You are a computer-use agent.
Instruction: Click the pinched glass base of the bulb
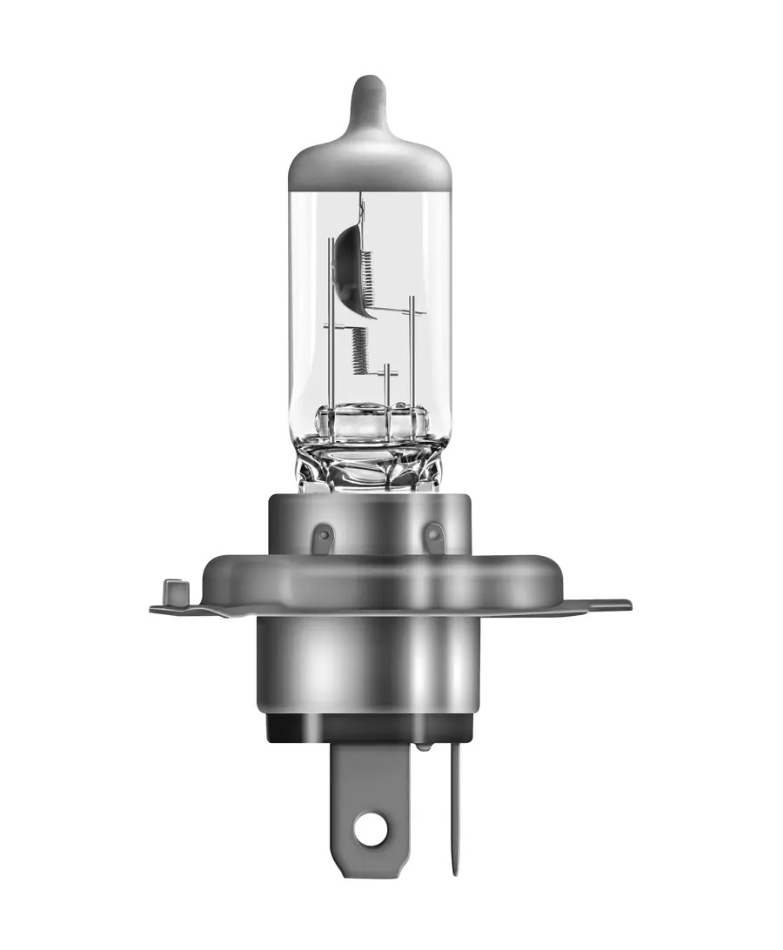(x=370, y=461)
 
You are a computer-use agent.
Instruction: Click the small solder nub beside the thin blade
(x=423, y=746)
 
